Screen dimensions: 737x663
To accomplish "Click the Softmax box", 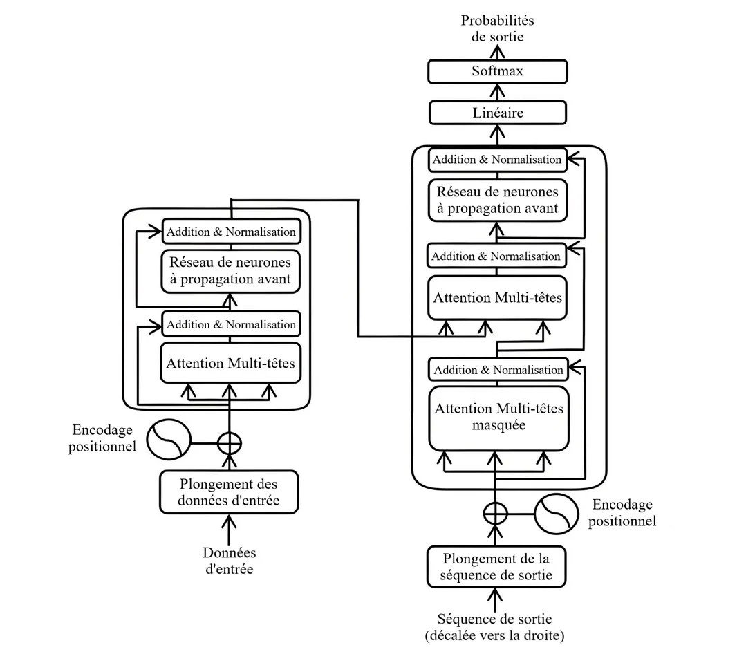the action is pos(497,71).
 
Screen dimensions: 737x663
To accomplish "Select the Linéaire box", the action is pos(497,113).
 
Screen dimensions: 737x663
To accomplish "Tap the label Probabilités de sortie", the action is pos(497,28).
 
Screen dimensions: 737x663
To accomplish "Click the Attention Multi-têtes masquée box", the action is pos(498,418).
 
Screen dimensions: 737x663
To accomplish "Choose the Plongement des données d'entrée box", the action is pos(229,492).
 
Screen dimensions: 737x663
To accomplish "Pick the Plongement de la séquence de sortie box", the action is pos(496,567).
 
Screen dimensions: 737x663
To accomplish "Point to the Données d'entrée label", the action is pos(230,561).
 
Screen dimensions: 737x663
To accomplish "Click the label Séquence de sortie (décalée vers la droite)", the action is pos(495,627).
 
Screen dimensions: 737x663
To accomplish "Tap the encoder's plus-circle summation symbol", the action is pos(230,443).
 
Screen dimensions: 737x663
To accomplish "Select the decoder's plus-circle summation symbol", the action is pos(496,513).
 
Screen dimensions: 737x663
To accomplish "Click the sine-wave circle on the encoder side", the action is pos(169,440).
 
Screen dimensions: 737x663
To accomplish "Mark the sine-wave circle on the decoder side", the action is pos(557,514).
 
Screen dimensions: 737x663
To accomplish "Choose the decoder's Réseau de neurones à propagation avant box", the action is pos(498,200).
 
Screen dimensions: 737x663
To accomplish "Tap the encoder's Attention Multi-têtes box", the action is pos(230,363).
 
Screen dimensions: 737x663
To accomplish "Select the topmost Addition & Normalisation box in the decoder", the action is pos(497,160).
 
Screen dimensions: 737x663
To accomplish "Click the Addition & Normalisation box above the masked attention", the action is pos(498,370).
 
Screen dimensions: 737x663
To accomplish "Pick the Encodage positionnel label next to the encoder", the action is pos(102,438).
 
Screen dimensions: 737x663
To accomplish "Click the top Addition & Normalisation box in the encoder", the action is pos(231,232).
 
